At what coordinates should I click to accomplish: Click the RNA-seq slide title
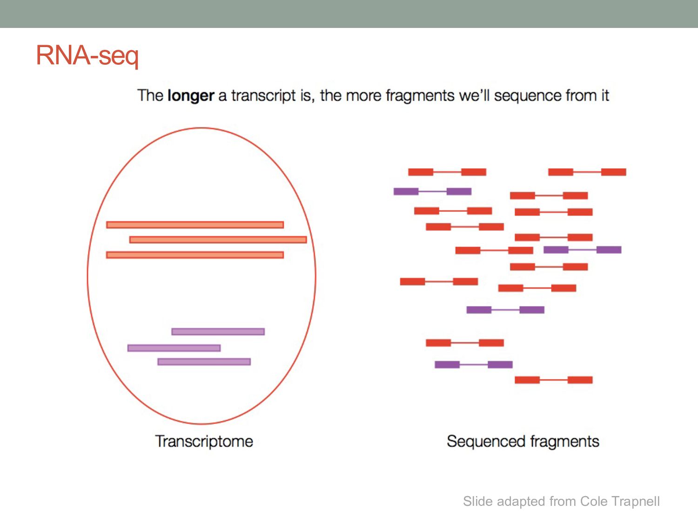click(87, 55)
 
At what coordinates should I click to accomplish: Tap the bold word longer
click(190, 95)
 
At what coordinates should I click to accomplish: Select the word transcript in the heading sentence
click(263, 95)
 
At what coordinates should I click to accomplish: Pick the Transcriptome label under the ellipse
click(204, 441)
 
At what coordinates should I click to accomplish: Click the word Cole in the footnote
click(594, 501)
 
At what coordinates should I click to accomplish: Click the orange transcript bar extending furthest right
click(218, 239)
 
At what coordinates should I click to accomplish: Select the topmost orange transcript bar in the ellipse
click(195, 225)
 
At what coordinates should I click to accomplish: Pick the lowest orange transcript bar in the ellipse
click(195, 255)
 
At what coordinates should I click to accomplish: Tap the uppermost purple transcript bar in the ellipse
click(218, 332)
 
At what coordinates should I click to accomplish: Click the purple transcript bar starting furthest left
click(174, 348)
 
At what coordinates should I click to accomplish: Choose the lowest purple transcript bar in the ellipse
click(204, 361)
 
